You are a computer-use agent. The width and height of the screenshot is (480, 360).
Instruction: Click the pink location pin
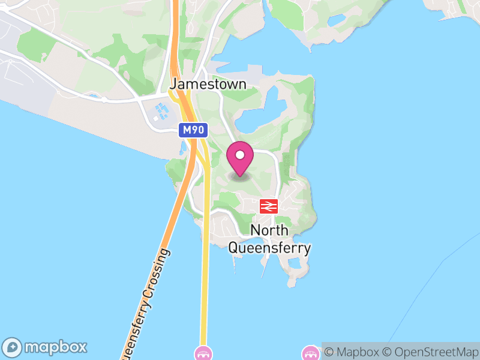tap(240, 160)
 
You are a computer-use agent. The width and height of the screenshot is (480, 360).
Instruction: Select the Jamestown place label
tap(208, 84)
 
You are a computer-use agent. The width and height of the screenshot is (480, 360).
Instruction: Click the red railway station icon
tap(268, 206)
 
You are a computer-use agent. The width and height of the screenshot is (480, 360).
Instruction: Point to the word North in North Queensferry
tap(269, 230)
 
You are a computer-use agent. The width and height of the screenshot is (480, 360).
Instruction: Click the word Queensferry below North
tap(269, 247)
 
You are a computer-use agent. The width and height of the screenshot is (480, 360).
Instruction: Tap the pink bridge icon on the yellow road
tap(203, 353)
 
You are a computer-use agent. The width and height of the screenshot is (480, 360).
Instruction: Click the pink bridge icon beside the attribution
tap(311, 353)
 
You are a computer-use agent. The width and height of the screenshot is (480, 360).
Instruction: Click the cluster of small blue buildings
tap(160, 112)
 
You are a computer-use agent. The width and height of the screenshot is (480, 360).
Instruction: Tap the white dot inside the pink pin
tap(240, 155)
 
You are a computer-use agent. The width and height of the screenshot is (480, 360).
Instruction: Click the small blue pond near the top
tap(337, 20)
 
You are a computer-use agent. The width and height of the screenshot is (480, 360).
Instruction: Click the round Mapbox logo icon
tap(13, 347)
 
